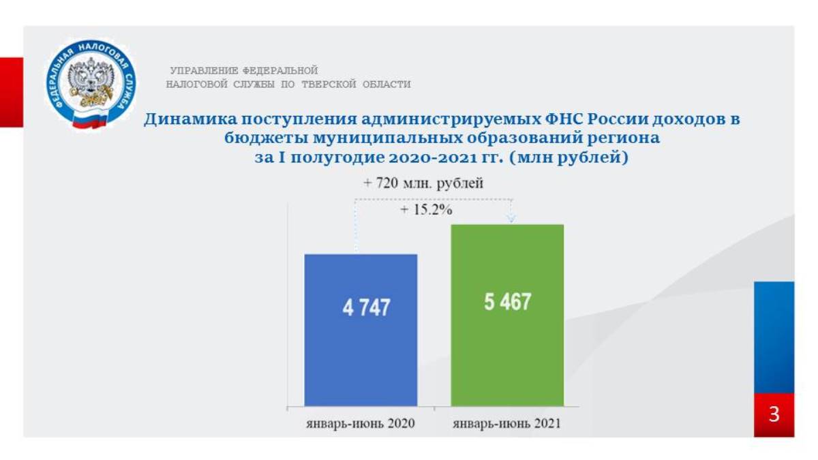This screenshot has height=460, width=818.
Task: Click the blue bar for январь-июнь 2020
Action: pyautogui.click(x=361, y=330)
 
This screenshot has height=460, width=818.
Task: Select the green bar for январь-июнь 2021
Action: pyautogui.click(x=507, y=315)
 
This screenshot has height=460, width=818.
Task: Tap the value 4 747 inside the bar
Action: pyautogui.click(x=366, y=307)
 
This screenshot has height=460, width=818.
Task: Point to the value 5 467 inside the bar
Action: pyautogui.click(x=508, y=302)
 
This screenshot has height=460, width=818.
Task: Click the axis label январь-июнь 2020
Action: pyautogui.click(x=361, y=423)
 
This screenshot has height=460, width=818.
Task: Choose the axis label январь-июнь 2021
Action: pyautogui.click(x=507, y=423)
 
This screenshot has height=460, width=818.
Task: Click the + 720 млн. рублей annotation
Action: pyautogui.click(x=423, y=183)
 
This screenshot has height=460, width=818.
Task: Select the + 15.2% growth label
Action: pyautogui.click(x=426, y=210)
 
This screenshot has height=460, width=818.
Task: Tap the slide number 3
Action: pyautogui.click(x=774, y=414)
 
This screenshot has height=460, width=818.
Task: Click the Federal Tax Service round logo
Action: pyautogui.click(x=91, y=85)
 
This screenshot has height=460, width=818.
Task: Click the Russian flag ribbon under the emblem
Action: pyautogui.click(x=90, y=120)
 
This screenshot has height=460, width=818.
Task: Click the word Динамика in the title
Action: pyautogui.click(x=190, y=119)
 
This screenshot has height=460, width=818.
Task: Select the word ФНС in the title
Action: pyautogui.click(x=564, y=119)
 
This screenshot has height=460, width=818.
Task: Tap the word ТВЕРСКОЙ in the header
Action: pyautogui.click(x=329, y=85)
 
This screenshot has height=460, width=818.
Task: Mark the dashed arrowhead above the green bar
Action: pyautogui.click(x=511, y=218)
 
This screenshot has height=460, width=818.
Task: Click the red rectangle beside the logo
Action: pyautogui.click(x=12, y=93)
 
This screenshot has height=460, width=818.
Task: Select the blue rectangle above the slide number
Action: pyautogui.click(x=774, y=337)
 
